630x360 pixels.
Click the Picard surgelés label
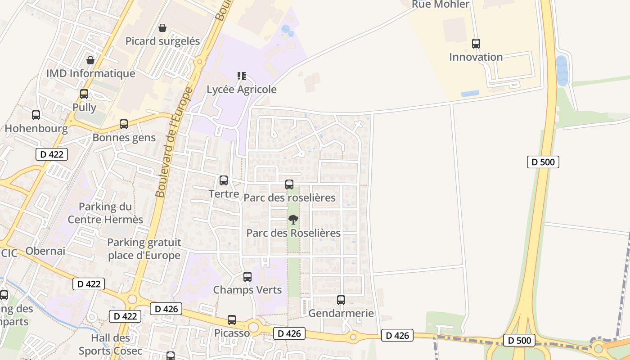[162, 41]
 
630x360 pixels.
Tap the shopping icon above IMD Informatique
[90, 60]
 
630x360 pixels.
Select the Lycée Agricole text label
[242, 90]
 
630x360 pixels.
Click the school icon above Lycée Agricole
[242, 76]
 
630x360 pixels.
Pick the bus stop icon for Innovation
[476, 44]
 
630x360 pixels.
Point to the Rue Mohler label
[441, 4]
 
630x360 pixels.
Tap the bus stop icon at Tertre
[224, 180]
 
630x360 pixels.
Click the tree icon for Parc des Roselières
[293, 220]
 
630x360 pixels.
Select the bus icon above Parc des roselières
[289, 184]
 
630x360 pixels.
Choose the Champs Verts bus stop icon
[247, 277]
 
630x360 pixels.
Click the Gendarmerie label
[341, 313]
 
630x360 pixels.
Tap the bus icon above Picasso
[232, 320]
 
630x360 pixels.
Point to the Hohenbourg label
[36, 129]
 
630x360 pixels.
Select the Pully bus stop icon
[84, 94]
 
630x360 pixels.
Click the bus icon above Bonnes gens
[124, 124]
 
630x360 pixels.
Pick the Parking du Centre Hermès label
[105, 213]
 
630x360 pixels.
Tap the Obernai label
[45, 251]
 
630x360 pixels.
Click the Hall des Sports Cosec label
[111, 344]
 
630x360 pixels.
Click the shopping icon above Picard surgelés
[162, 28]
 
